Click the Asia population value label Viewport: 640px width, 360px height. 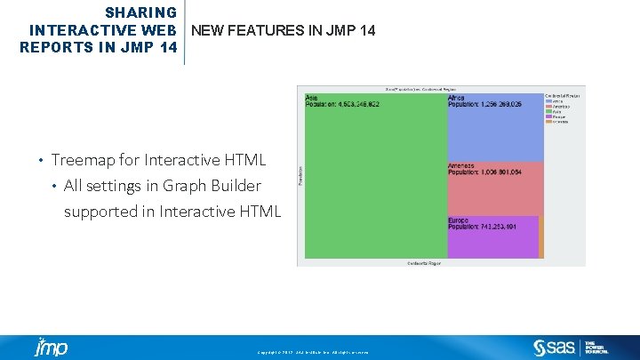342,104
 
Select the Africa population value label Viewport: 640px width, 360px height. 485,104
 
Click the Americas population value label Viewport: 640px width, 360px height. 485,172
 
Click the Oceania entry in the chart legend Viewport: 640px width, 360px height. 560,122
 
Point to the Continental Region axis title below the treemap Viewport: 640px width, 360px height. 423,263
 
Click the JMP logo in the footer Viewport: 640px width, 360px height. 51,347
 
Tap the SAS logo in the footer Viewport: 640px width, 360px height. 554,347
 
